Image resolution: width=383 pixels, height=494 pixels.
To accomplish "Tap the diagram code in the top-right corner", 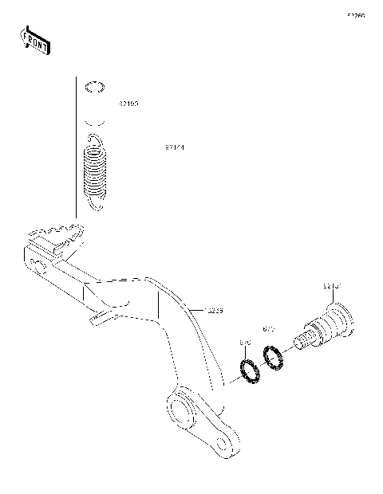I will [x=355, y=15].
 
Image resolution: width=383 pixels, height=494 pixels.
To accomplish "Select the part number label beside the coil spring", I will [x=176, y=147].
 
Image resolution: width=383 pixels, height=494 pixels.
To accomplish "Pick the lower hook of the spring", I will [x=96, y=206].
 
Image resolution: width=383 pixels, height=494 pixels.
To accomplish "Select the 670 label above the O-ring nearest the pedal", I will [x=246, y=343].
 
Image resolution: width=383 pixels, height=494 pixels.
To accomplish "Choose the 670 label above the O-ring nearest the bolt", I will [x=268, y=328].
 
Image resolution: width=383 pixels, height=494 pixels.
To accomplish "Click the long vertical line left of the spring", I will [x=77, y=147].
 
